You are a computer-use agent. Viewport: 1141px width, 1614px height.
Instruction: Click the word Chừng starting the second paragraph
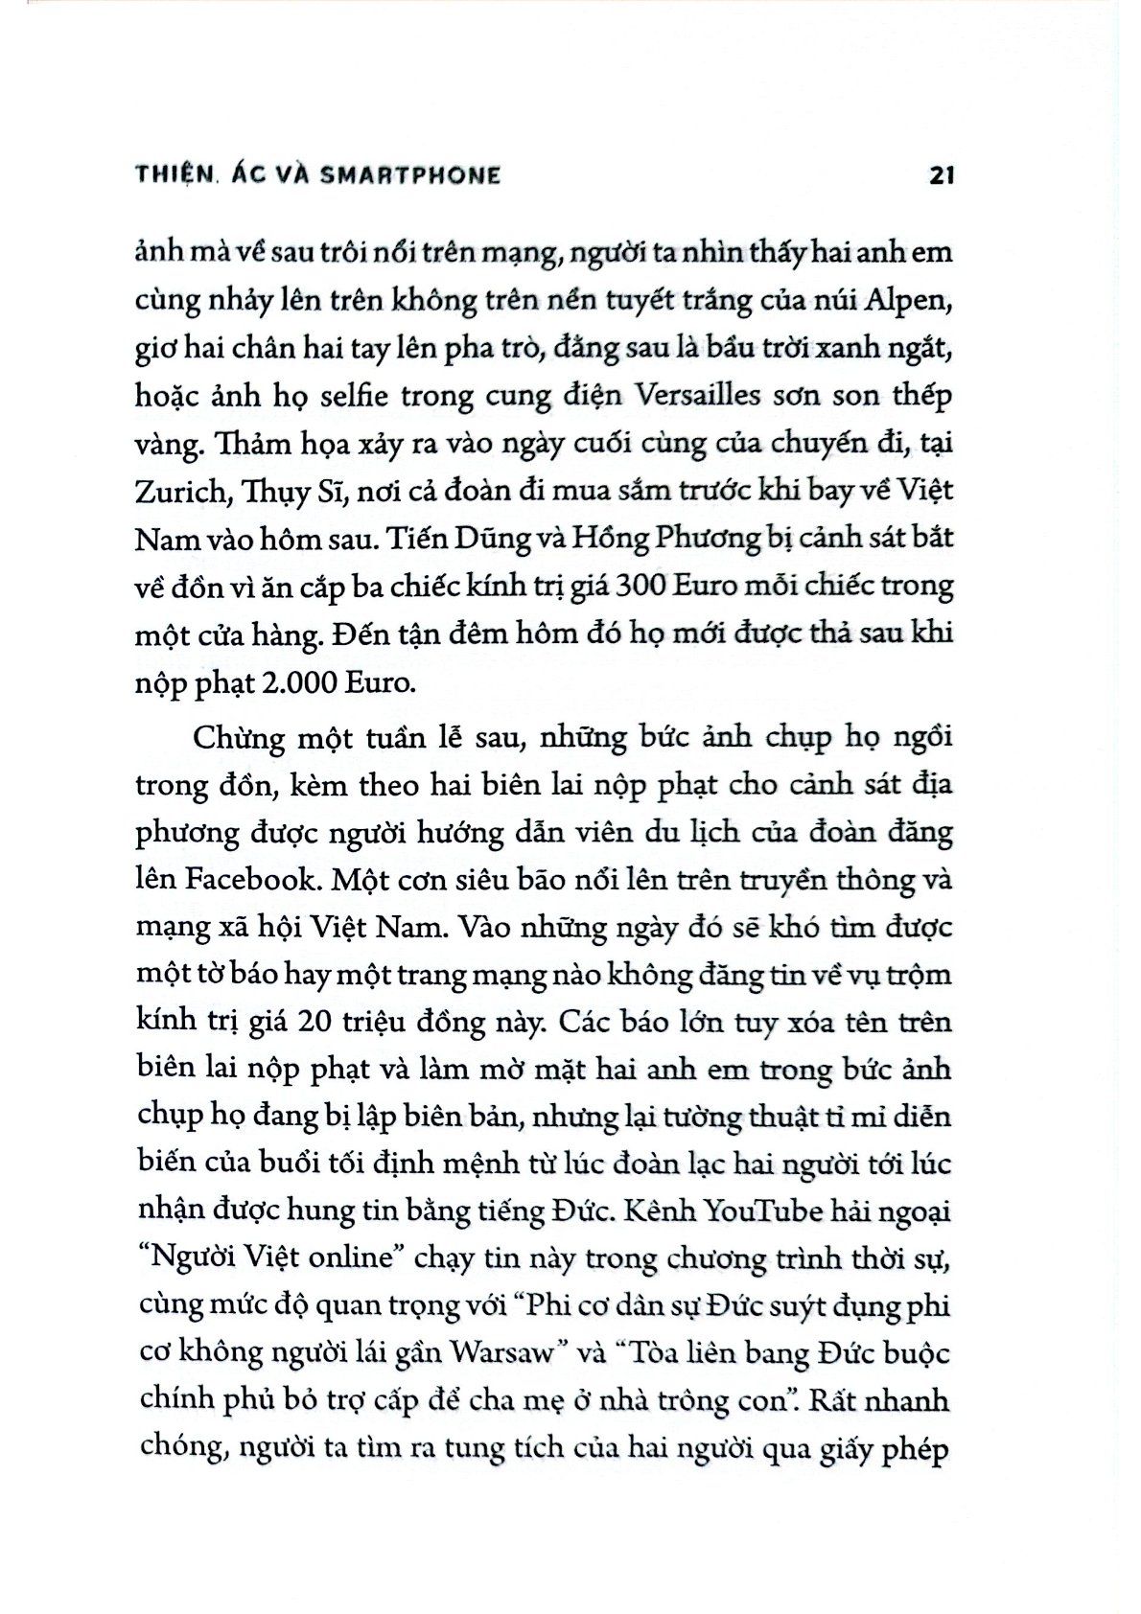tap(240, 739)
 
